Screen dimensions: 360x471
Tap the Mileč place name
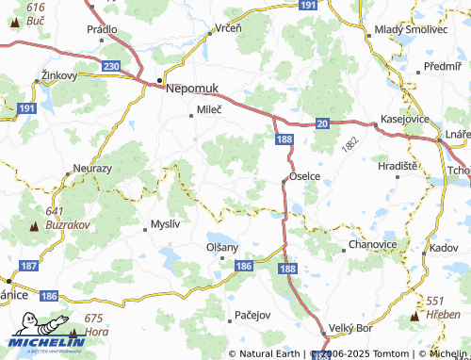click(209, 111)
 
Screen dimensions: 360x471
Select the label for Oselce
click(305, 176)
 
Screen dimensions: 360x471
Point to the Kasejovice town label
click(405, 120)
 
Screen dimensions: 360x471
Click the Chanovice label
click(372, 243)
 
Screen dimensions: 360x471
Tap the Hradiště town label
click(397, 165)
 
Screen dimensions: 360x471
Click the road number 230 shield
click(111, 67)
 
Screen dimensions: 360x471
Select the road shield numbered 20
click(321, 123)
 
